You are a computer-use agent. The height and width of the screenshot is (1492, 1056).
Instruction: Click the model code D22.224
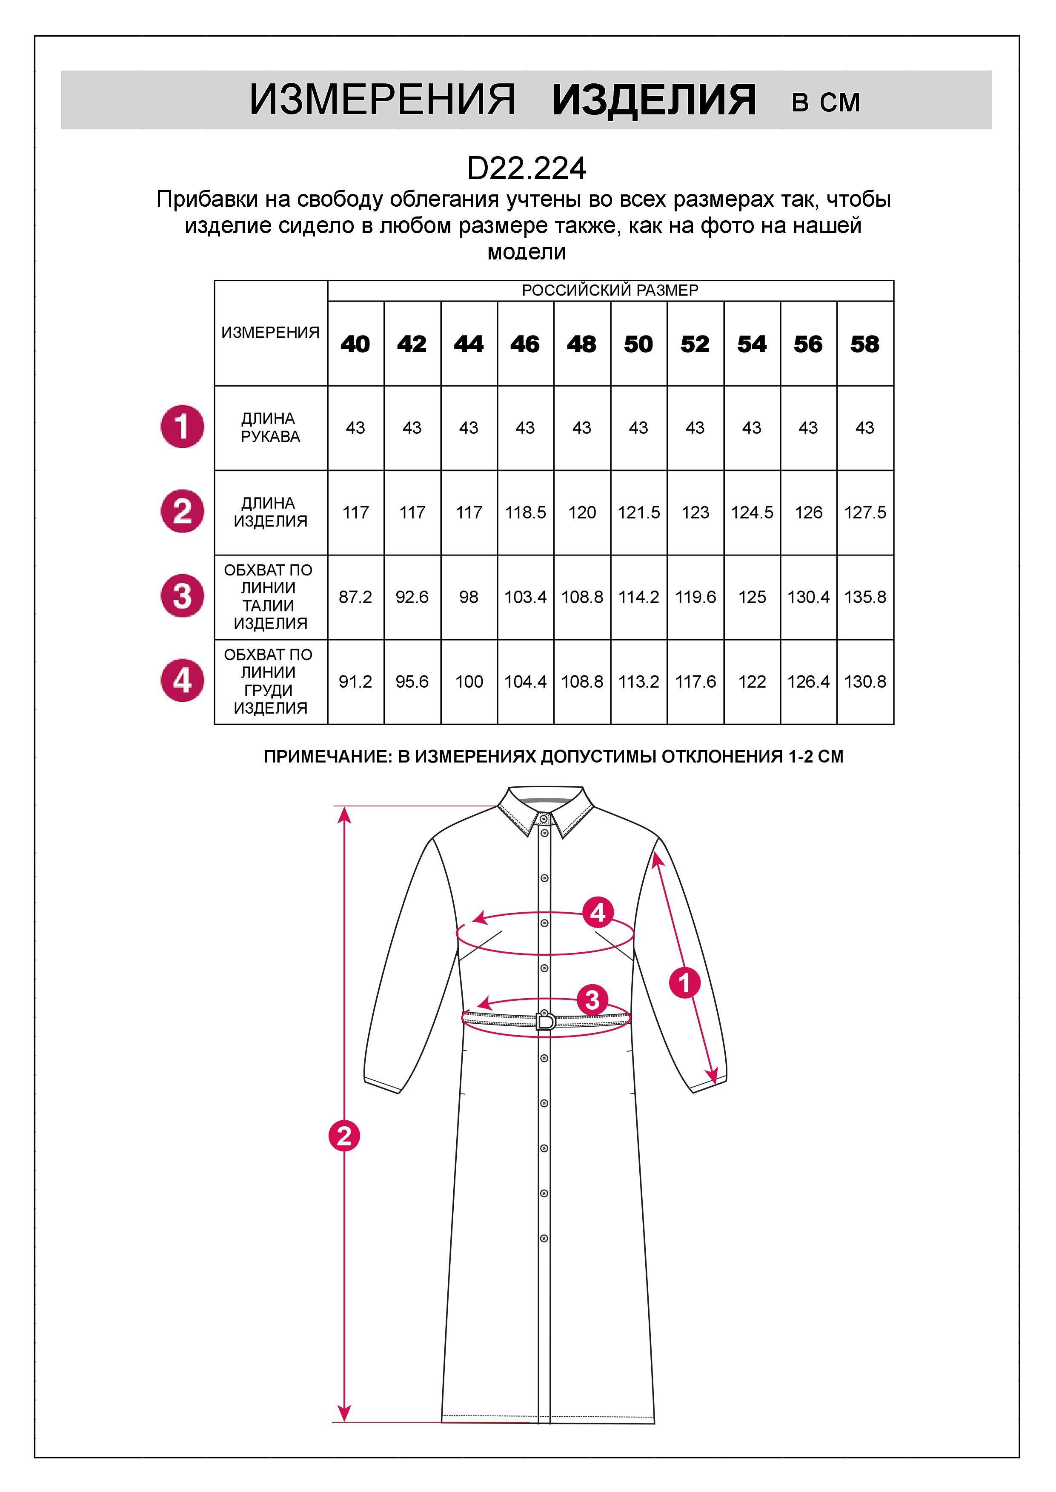tap(527, 169)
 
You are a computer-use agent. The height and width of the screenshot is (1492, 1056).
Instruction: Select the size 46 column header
tap(525, 344)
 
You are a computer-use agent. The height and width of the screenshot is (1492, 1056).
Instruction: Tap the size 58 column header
tap(865, 344)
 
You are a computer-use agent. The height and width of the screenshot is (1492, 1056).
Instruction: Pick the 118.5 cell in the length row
tap(525, 513)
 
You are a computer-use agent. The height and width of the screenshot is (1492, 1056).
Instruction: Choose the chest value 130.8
tap(865, 682)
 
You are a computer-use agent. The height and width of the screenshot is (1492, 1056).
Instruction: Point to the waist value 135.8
tap(865, 597)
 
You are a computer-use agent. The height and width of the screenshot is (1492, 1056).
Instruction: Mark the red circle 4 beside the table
tap(182, 681)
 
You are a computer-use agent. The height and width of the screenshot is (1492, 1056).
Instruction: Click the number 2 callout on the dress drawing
tap(344, 1136)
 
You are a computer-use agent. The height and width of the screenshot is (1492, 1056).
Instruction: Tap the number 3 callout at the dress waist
tap(592, 1000)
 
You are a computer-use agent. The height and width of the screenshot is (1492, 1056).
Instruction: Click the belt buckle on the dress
tap(545, 1020)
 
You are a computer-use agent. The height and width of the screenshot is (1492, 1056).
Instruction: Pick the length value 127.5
tap(865, 513)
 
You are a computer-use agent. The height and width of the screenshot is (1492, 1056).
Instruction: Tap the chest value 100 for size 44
tap(469, 682)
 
